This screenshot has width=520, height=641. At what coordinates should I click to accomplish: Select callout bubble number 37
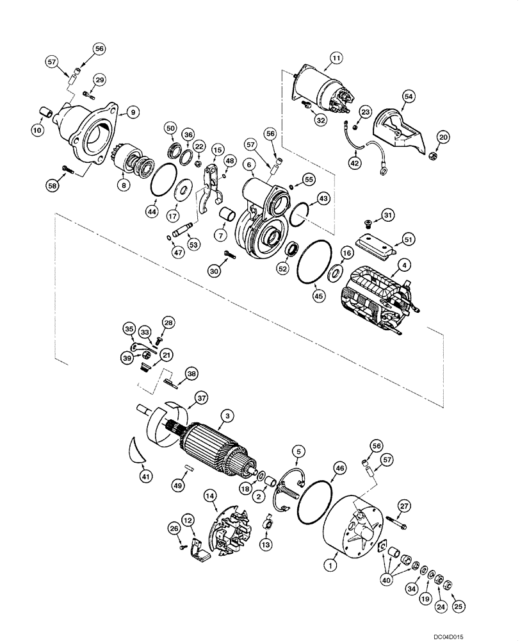point(202,399)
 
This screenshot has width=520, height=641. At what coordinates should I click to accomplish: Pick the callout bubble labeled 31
point(389,213)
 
